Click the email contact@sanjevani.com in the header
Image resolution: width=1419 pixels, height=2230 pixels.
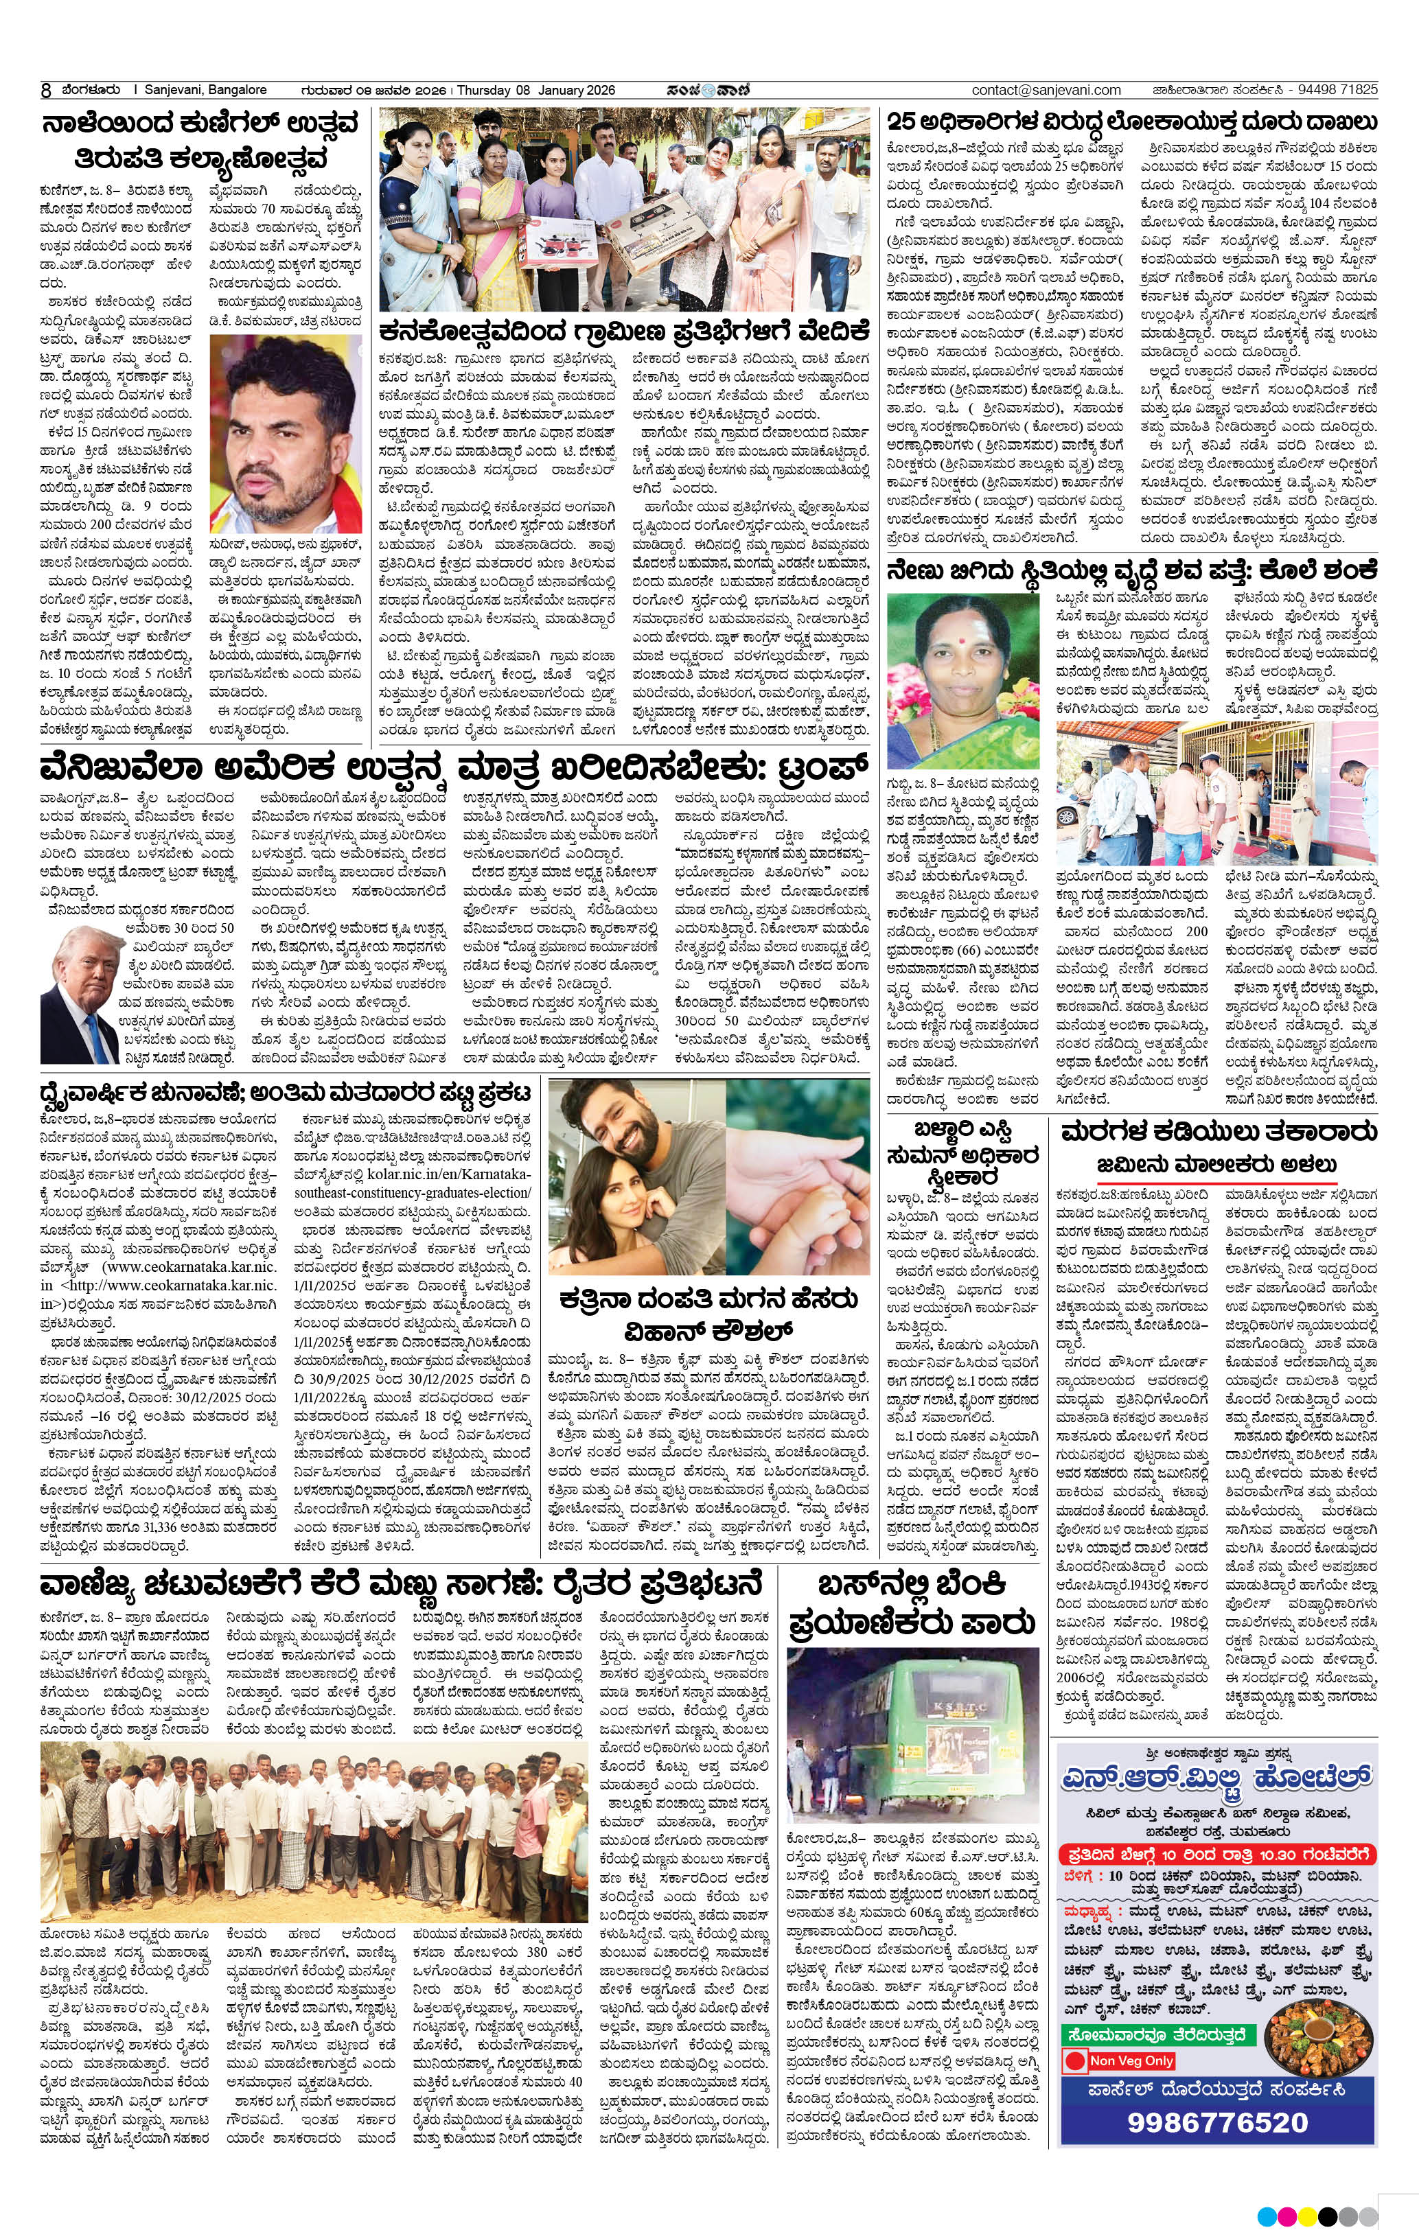[x=1047, y=90]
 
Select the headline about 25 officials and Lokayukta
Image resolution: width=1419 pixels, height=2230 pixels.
[x=1131, y=122]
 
